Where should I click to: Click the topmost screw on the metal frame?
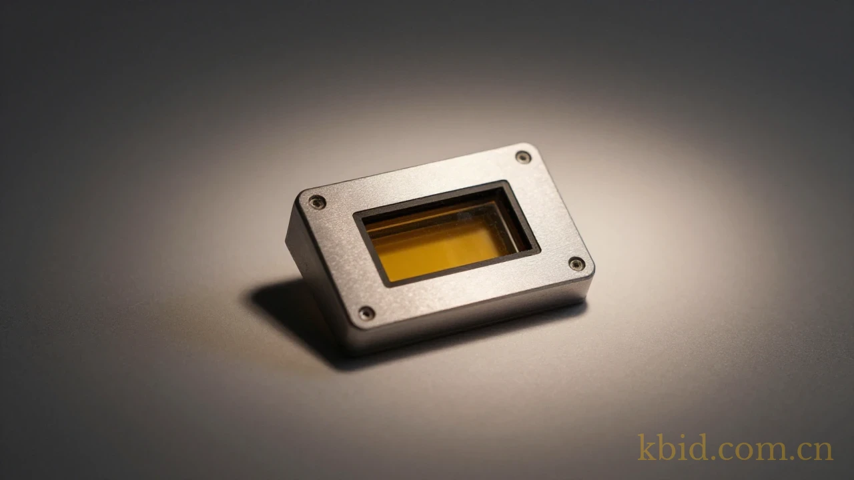(x=523, y=157)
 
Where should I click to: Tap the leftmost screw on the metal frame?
(x=317, y=202)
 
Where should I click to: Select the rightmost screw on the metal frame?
(x=577, y=263)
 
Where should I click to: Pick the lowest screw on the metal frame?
(x=366, y=313)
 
